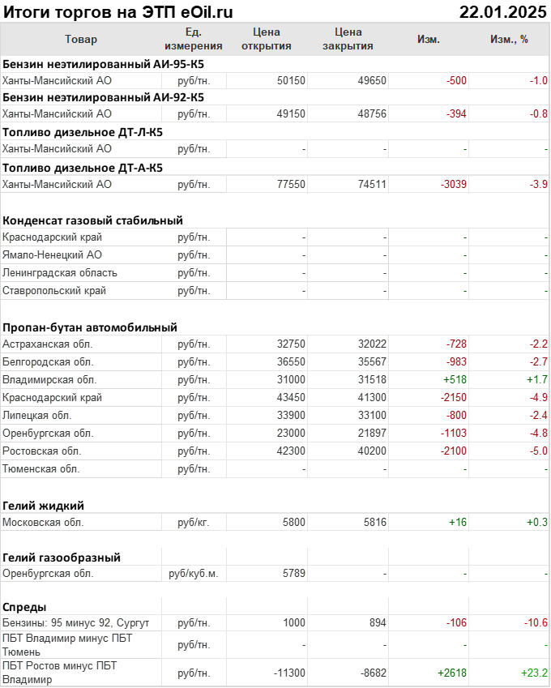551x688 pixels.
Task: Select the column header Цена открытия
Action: click(267, 39)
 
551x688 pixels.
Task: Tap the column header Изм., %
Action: click(509, 39)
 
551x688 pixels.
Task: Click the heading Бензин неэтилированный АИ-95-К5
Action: click(104, 63)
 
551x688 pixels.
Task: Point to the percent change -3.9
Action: click(539, 184)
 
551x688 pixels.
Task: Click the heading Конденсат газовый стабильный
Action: click(92, 220)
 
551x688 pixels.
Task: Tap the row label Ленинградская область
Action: click(60, 272)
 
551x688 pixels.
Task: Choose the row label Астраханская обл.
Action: click(48, 344)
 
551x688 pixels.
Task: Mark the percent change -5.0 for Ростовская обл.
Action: click(539, 451)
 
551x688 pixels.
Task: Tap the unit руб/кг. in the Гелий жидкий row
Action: click(194, 522)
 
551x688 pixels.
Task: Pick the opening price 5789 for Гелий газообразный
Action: click(294, 573)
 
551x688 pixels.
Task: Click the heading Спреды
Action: click(24, 607)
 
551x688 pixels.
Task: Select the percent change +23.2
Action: click(535, 673)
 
